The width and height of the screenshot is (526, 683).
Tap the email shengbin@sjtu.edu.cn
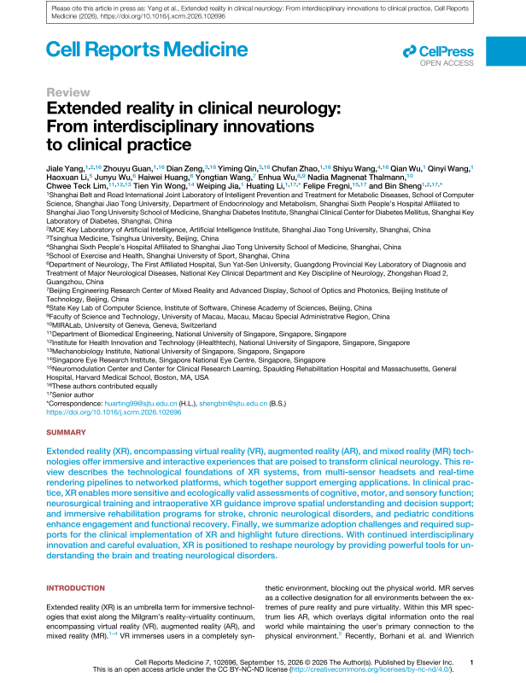tap(230, 401)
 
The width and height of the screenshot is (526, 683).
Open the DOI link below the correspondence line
tap(114, 411)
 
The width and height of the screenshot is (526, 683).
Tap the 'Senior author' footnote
tap(72, 393)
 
